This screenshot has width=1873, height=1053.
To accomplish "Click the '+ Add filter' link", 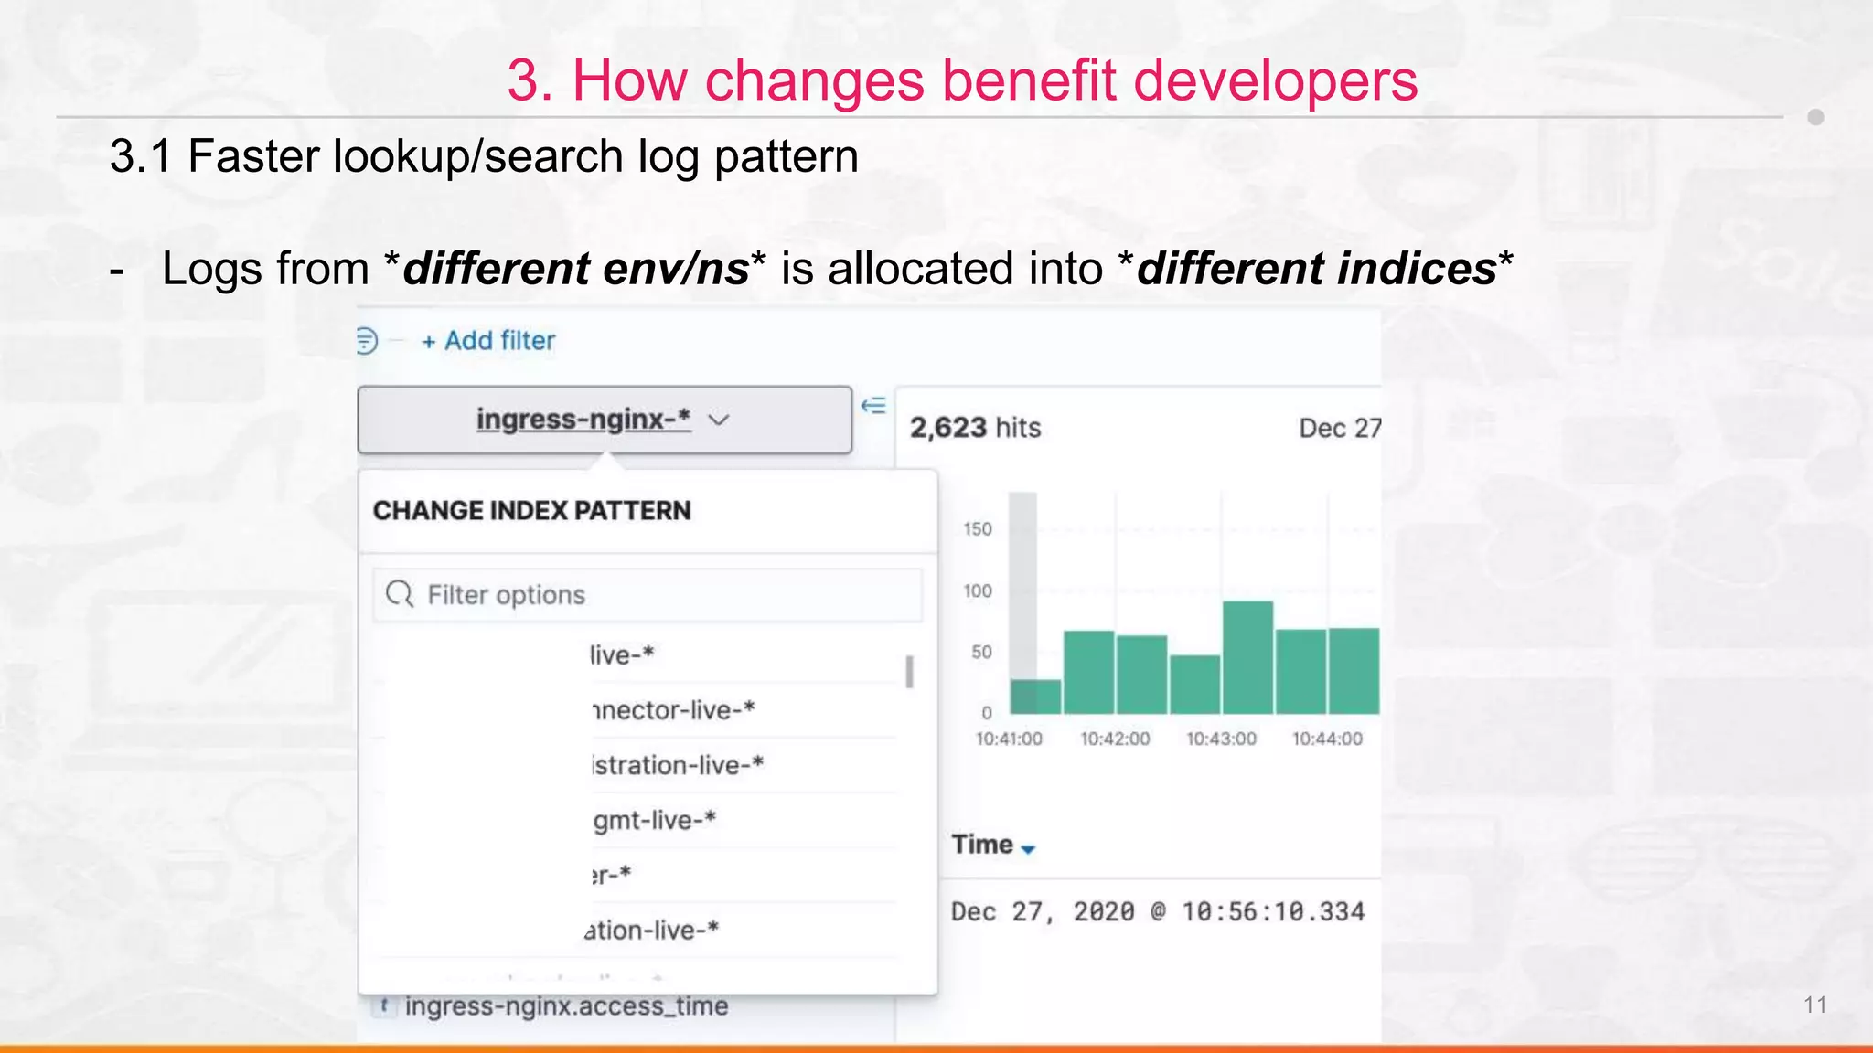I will [x=488, y=341].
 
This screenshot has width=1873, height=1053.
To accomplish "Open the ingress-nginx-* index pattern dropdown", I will [x=604, y=420].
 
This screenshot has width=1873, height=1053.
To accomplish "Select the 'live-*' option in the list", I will [x=622, y=655].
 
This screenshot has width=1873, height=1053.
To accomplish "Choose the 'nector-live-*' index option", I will [x=673, y=710].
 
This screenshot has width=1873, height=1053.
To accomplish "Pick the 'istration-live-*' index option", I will [x=677, y=765].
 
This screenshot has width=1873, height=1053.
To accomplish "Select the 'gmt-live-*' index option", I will [x=654, y=820].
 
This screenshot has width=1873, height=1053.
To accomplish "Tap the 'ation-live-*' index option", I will [x=652, y=931].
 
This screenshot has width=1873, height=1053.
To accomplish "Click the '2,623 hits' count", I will [x=975, y=428].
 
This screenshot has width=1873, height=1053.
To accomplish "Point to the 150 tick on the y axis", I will [x=977, y=529].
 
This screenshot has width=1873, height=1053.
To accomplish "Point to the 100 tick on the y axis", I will [x=977, y=591].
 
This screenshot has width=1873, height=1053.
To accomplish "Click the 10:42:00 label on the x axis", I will [x=1115, y=739].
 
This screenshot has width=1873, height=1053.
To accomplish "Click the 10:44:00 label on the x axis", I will [x=1327, y=739].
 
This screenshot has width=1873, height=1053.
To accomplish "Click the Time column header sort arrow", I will [x=1028, y=849].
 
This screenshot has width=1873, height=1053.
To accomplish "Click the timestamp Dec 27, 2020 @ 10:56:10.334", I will [x=1157, y=911].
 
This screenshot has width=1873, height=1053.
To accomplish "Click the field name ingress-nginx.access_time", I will [x=566, y=1006].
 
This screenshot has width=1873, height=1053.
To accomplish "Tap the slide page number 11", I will [x=1814, y=1005].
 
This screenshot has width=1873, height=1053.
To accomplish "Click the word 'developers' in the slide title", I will [x=1275, y=80].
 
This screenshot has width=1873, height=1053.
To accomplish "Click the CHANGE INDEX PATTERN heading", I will [x=531, y=511].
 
